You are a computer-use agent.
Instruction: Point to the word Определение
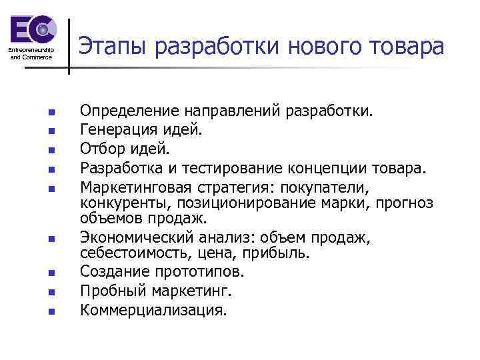coord(128,109)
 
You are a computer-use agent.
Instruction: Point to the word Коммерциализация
coord(153,309)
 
